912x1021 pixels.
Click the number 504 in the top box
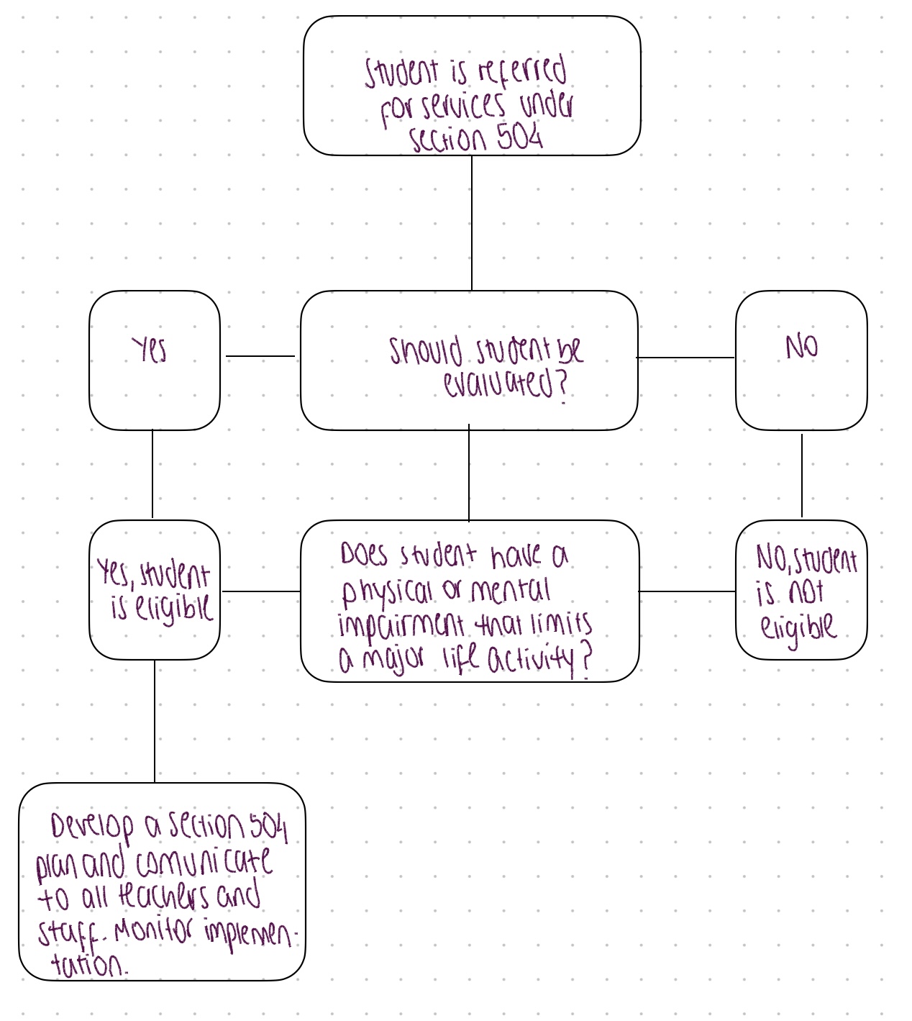[519, 136]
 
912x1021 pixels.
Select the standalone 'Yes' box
[154, 360]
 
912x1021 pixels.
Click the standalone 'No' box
[801, 360]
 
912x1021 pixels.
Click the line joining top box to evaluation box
[472, 223]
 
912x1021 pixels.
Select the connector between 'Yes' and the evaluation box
[260, 355]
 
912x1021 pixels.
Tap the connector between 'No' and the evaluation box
[685, 357]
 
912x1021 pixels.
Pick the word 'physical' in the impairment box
[387, 591]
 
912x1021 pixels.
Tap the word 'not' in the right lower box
[806, 592]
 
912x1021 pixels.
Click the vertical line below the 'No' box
[802, 475]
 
